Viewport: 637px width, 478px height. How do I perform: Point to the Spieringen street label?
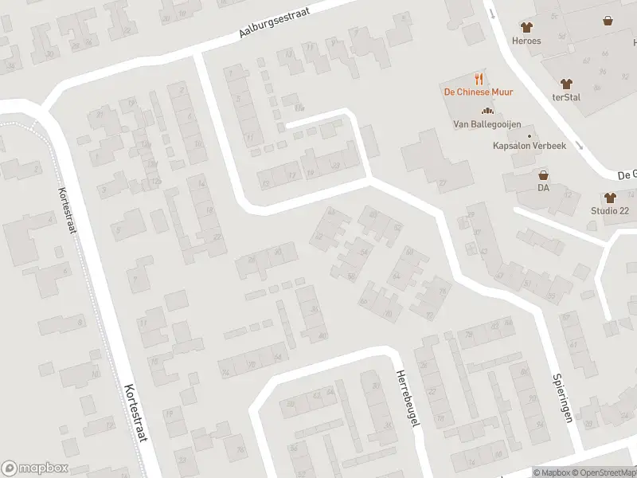562,398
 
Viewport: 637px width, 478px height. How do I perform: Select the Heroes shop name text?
526,41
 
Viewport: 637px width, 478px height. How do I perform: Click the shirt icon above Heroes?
526,26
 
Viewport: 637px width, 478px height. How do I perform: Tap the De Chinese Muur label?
478,92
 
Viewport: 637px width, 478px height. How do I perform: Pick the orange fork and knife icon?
479,78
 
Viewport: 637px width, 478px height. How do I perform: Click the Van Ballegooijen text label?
484,123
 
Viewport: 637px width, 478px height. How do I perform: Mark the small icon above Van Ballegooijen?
484,111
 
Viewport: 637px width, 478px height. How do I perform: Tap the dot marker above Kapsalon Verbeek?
530,136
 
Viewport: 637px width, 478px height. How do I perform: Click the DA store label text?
544,188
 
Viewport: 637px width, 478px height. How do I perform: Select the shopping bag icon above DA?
544,174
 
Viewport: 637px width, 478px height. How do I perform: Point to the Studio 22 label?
609,210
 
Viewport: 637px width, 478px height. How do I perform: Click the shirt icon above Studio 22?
610,197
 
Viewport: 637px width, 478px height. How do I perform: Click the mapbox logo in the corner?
35,468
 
